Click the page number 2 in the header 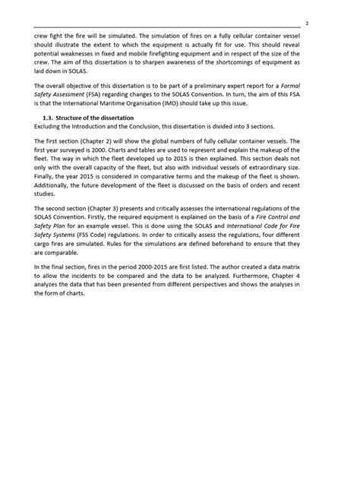[x=326, y=24]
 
